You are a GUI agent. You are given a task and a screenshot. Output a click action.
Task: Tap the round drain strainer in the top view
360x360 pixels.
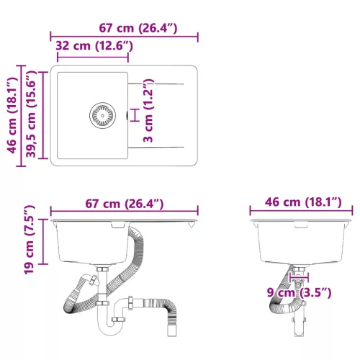pyautogui.click(x=102, y=114)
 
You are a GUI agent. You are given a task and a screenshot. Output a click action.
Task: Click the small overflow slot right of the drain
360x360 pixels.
pyautogui.click(x=126, y=114)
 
